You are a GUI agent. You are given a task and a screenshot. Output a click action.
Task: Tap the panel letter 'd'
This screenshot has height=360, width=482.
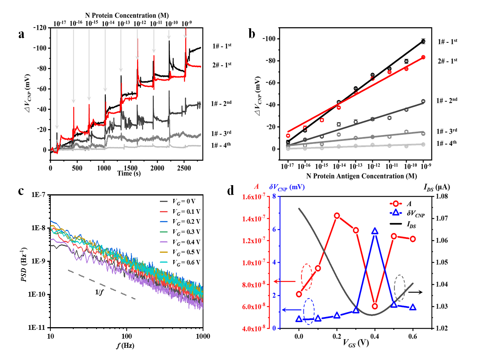click(x=230, y=190)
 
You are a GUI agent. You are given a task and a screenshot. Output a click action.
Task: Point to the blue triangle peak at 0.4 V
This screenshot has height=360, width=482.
click(x=375, y=231)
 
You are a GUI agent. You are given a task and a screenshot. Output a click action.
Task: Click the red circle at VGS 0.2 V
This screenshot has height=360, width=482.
click(x=337, y=216)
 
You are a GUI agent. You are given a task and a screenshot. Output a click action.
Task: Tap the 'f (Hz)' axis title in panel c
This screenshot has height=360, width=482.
click(x=125, y=345)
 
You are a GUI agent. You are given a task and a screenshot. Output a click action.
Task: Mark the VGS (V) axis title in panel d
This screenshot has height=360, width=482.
click(x=355, y=343)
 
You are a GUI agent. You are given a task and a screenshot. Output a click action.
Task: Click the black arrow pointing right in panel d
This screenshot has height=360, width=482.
click(x=415, y=292)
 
